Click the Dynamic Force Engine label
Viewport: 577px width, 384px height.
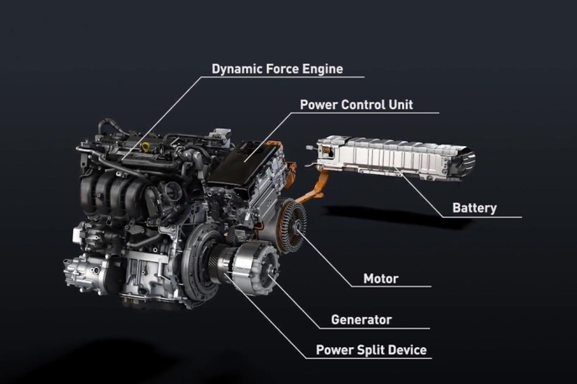(277, 69)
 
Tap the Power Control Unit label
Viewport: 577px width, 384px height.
(357, 105)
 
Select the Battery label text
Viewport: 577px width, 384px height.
(475, 208)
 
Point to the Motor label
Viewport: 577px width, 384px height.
(380, 279)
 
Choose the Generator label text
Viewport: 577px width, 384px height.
(361, 319)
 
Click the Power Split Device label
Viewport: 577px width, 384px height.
(371, 350)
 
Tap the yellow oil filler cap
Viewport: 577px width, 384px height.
(146, 146)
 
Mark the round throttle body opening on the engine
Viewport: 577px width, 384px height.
(170, 191)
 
